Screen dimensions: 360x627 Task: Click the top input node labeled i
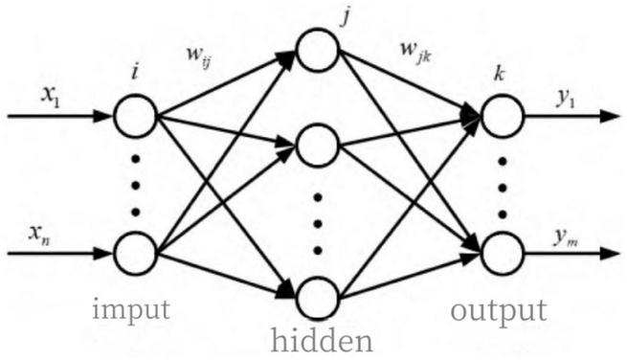click(x=135, y=117)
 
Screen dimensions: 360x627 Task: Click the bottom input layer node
click(x=135, y=255)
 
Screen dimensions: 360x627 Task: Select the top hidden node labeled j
click(x=319, y=50)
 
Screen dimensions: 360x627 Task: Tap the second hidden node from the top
click(x=319, y=146)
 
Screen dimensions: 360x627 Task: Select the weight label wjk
click(x=414, y=67)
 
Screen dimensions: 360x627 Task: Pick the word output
click(x=499, y=311)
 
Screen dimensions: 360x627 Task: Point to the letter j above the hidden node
click(x=321, y=14)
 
